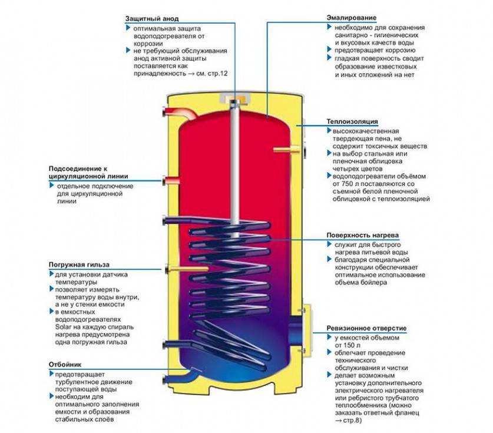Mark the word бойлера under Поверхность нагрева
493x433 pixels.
[x=372, y=283]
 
